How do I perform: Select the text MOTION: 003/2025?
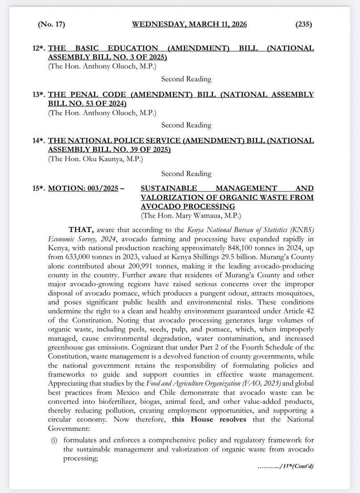coord(85,188)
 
